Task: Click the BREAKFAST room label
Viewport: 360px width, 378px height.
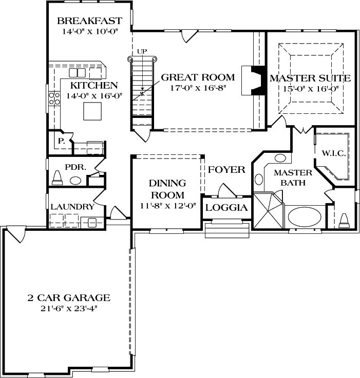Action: (x=89, y=21)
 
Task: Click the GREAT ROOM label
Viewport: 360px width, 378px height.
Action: (x=198, y=77)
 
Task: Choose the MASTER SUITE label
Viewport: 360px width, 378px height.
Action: (x=310, y=78)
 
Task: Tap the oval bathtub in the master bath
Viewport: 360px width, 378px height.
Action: (x=304, y=216)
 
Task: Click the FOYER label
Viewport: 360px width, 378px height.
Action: (x=226, y=170)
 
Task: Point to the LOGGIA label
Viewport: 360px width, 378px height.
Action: (x=226, y=208)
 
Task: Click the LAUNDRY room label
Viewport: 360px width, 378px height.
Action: (x=72, y=207)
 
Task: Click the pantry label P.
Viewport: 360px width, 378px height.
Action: (x=61, y=140)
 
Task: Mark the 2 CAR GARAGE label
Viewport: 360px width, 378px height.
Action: (x=68, y=297)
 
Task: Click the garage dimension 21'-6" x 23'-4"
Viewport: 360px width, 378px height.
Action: (x=68, y=308)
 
